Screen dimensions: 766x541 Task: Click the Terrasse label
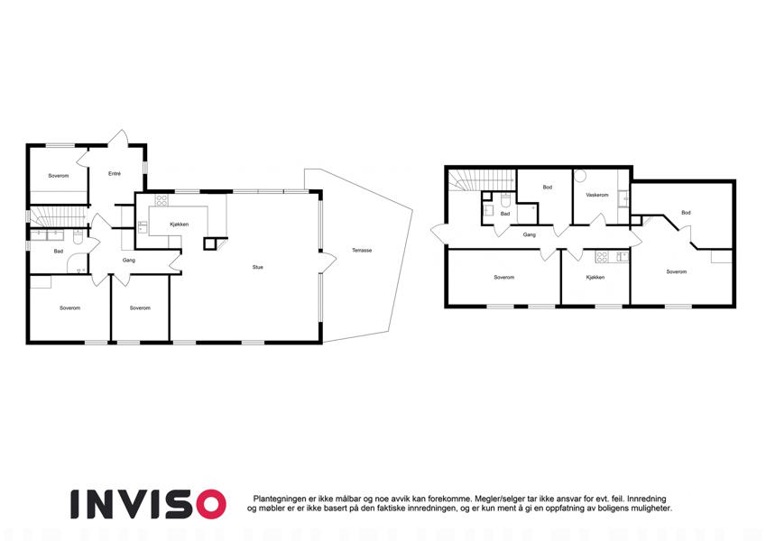[x=362, y=251]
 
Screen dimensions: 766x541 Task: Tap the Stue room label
[x=257, y=267]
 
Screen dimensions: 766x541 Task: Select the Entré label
[x=115, y=173]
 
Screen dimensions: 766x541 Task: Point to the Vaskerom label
[x=597, y=195]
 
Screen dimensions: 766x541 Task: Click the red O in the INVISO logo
[x=208, y=504]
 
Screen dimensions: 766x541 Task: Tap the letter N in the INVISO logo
[x=102, y=504]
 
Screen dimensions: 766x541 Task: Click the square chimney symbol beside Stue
[x=210, y=243]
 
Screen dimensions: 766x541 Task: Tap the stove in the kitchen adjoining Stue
[x=162, y=200]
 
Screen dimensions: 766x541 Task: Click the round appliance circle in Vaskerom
[x=580, y=176]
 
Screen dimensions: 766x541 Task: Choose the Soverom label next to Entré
[x=59, y=176]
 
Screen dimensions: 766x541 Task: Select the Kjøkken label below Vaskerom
[x=595, y=278]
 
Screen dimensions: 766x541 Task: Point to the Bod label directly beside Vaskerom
[x=547, y=187]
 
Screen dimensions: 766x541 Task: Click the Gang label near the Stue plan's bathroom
[x=128, y=261]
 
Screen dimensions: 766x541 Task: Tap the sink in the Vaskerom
[x=623, y=198]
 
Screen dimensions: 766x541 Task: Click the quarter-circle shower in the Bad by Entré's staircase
[x=76, y=264]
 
